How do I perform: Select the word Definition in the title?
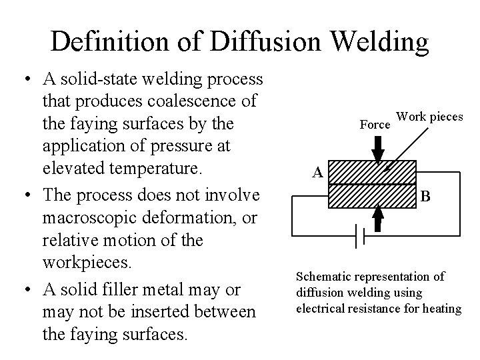(x=116, y=42)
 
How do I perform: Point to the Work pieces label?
(x=429, y=117)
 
